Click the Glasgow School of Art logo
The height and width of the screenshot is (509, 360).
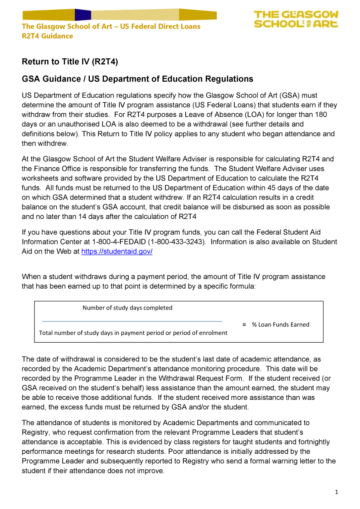coord(296,19)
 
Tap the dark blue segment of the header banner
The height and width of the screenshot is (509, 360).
coord(83,15)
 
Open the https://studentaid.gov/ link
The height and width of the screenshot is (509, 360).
coord(117,252)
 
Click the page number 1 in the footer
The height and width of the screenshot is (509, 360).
coord(336,492)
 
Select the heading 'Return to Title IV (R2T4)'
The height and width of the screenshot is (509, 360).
coord(70,62)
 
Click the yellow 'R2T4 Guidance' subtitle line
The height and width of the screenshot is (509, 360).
coord(47,36)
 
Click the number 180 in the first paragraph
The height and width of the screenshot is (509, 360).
coord(321,115)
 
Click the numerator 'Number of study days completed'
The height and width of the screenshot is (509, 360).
coord(127,308)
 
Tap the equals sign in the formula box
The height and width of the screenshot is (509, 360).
coord(244,325)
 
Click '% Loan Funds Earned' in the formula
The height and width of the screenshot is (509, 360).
coord(280,325)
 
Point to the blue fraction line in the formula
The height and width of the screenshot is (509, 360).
coord(132,321)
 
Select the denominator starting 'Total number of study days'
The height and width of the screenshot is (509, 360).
coord(133,333)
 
